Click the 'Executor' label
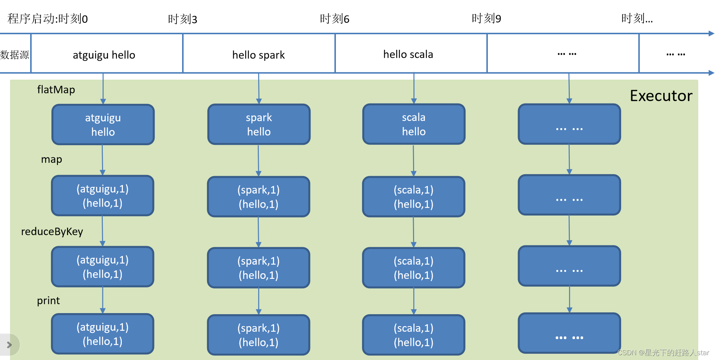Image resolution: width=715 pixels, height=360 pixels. pyautogui.click(x=661, y=96)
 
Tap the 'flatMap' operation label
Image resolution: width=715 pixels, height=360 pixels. pyautogui.click(x=56, y=90)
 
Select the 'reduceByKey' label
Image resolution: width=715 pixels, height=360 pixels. pyautogui.click(x=52, y=232)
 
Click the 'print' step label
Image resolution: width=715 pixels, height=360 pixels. pyautogui.click(x=48, y=300)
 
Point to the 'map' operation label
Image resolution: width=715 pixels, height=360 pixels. pyautogui.click(x=51, y=159)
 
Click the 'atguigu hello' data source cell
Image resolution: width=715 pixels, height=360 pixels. pyautogui.click(x=104, y=55)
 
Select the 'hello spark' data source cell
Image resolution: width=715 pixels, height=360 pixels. pyautogui.click(x=258, y=55)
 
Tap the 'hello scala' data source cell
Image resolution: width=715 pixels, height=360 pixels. pyautogui.click(x=408, y=54)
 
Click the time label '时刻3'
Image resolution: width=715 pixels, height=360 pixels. pyautogui.click(x=182, y=19)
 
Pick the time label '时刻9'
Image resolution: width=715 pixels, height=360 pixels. pyautogui.click(x=486, y=18)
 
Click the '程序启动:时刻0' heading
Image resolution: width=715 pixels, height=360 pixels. pyautogui.click(x=48, y=19)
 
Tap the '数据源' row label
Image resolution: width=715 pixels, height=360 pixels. pyautogui.click(x=15, y=55)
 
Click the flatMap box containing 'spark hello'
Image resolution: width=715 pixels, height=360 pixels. pyautogui.click(x=259, y=124)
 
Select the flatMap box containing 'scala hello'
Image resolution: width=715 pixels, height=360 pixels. pyautogui.click(x=414, y=124)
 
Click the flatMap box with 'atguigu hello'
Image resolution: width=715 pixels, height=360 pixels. pyautogui.click(x=103, y=124)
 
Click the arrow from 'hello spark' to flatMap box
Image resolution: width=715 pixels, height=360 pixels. pyautogui.click(x=259, y=88)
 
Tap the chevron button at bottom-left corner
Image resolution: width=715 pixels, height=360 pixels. pyautogui.click(x=9, y=345)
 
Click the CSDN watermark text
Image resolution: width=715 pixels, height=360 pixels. pyautogui.click(x=663, y=353)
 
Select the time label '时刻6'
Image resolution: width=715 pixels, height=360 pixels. pyautogui.click(x=334, y=19)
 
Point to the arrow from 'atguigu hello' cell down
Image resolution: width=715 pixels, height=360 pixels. pyautogui.click(x=103, y=88)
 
